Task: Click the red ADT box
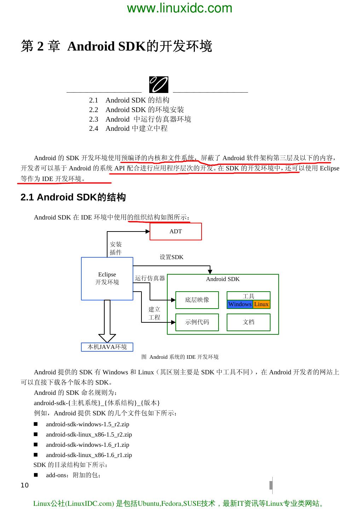pyautogui.click(x=176, y=232)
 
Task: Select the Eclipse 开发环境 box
pyautogui.click(x=107, y=279)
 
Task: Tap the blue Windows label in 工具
pyautogui.click(x=240, y=304)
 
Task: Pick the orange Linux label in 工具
pyautogui.click(x=261, y=304)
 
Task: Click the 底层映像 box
pyautogui.click(x=197, y=300)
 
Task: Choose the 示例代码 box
pyautogui.click(x=197, y=322)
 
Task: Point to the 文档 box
pyautogui.click(x=249, y=322)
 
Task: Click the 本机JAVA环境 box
pyautogui.click(x=107, y=347)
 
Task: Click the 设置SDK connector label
pyautogui.click(x=172, y=257)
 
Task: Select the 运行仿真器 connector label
pyautogui.click(x=150, y=278)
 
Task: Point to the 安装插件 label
pyautogui.click(x=116, y=248)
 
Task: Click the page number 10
pyautogui.click(x=24, y=485)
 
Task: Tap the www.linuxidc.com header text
pyautogui.click(x=180, y=8)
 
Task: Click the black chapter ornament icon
pyautogui.click(x=158, y=85)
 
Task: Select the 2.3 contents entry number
pyautogui.click(x=93, y=119)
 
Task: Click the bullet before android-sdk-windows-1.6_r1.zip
pyautogui.click(x=36, y=445)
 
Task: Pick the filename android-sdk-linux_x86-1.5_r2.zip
pyautogui.click(x=89, y=434)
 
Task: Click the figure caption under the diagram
pyautogui.click(x=180, y=357)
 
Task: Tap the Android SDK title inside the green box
pyautogui.click(x=223, y=279)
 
